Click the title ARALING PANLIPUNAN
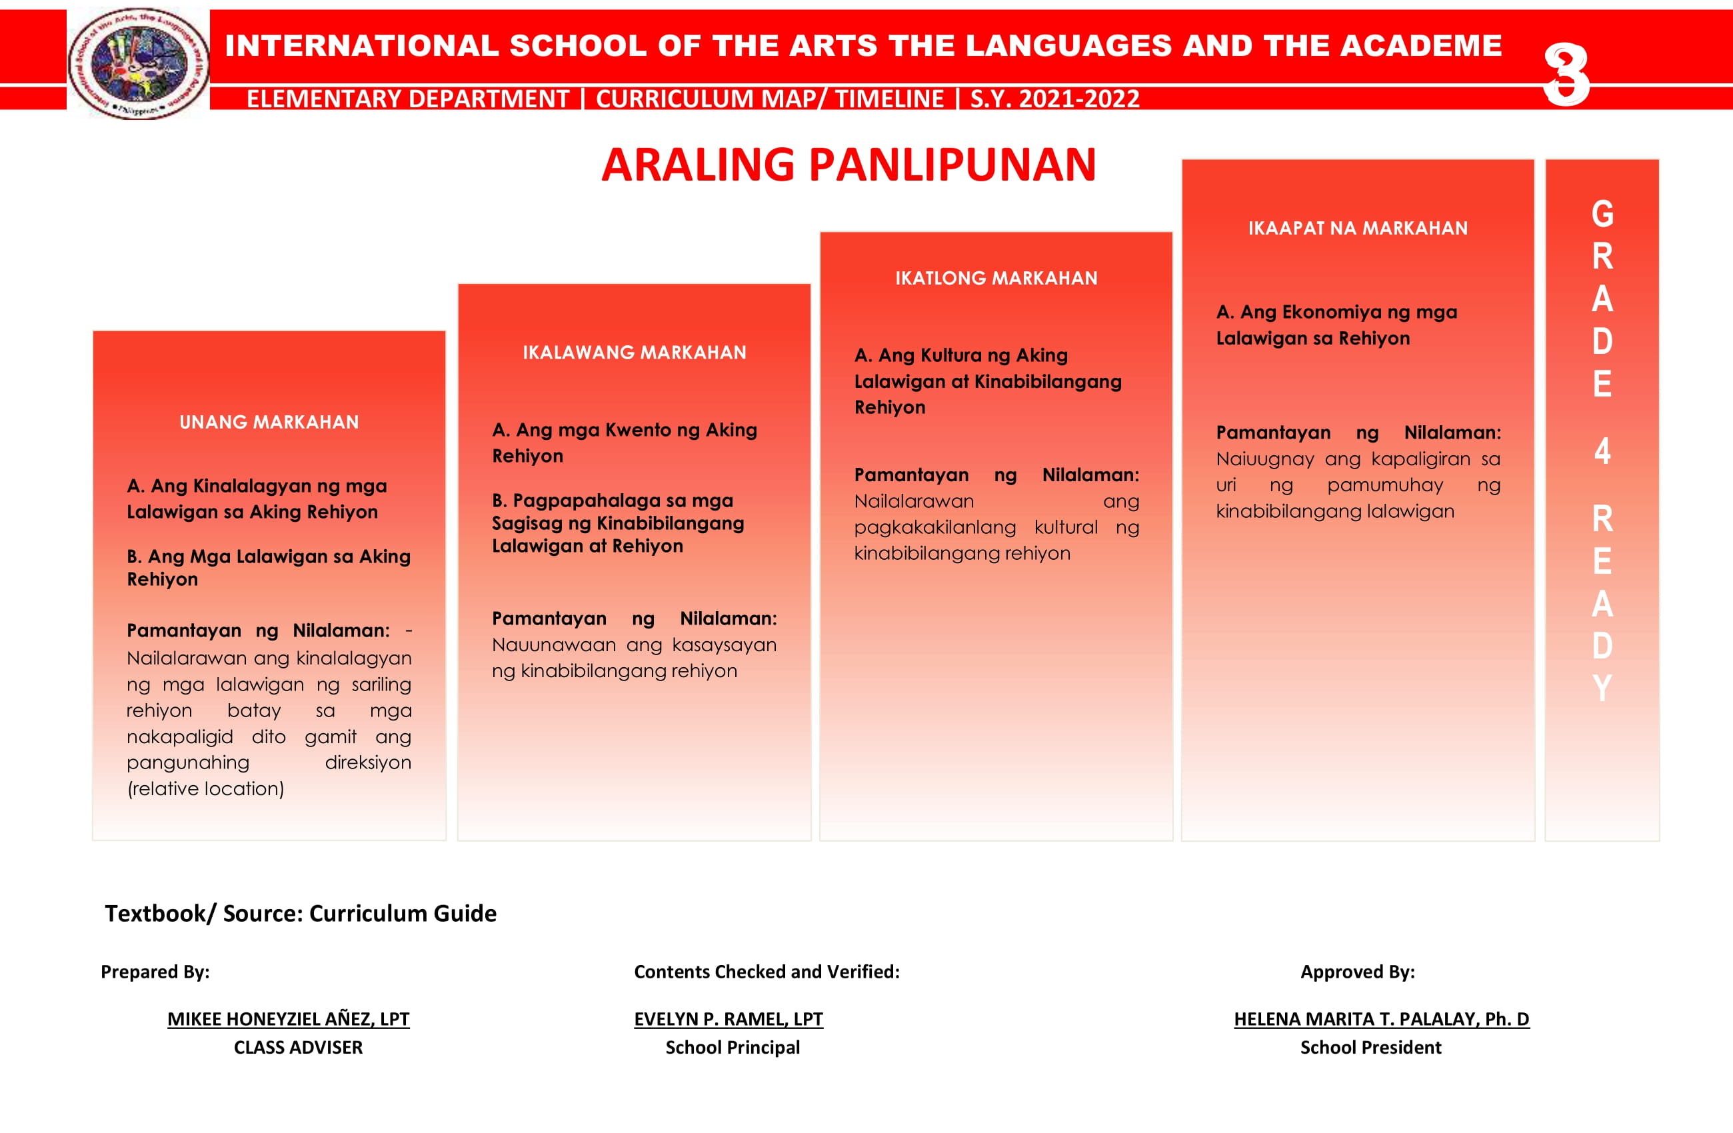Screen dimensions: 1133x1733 pos(849,165)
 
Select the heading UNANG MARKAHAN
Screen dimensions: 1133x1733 pos(269,423)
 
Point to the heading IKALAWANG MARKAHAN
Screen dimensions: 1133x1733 pos(635,353)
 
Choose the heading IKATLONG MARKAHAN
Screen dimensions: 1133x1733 pos(996,278)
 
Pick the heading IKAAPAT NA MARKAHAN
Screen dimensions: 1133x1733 pos(1358,229)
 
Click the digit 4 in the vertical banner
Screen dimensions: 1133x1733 pos(1602,451)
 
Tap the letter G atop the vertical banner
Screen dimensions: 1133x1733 pos(1602,214)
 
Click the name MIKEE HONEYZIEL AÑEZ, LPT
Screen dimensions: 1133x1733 pos(289,1018)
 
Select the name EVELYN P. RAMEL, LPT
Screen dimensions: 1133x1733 pos(728,1018)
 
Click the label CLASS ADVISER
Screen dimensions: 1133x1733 pos(298,1047)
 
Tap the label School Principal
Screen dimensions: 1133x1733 pos(733,1047)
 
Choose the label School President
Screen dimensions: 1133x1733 pos(1370,1047)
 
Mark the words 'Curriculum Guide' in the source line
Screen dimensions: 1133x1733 pos(403,913)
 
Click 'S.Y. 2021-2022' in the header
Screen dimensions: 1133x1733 pos(1054,98)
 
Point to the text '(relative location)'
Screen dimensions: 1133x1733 pos(205,788)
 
